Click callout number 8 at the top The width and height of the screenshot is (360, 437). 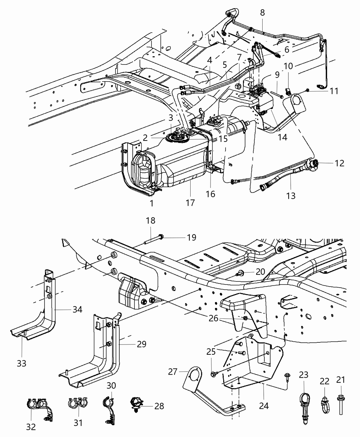point(262,13)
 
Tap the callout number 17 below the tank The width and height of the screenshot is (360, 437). point(190,203)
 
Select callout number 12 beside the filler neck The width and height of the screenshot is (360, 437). point(339,163)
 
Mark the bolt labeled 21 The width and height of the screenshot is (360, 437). point(341,404)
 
